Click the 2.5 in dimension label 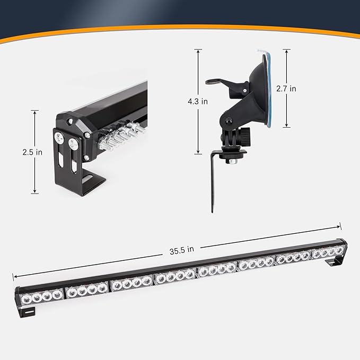pyautogui.click(x=32, y=152)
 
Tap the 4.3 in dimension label pyautogui.click(x=198, y=101)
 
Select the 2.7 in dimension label pyautogui.click(x=286, y=89)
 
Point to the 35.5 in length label pyautogui.click(x=182, y=250)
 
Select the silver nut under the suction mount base pyautogui.click(x=233, y=162)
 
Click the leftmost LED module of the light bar pyautogui.click(x=42, y=297)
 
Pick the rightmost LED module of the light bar pyautogui.click(x=328, y=252)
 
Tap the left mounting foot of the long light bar pyautogui.click(x=27, y=312)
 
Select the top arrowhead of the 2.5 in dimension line pyautogui.click(x=34, y=112)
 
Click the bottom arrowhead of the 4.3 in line pyautogui.click(x=198, y=152)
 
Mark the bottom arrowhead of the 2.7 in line pyautogui.click(x=286, y=125)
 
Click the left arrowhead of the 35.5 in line pyautogui.click(x=15, y=276)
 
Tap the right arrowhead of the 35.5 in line pyautogui.click(x=338, y=227)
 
